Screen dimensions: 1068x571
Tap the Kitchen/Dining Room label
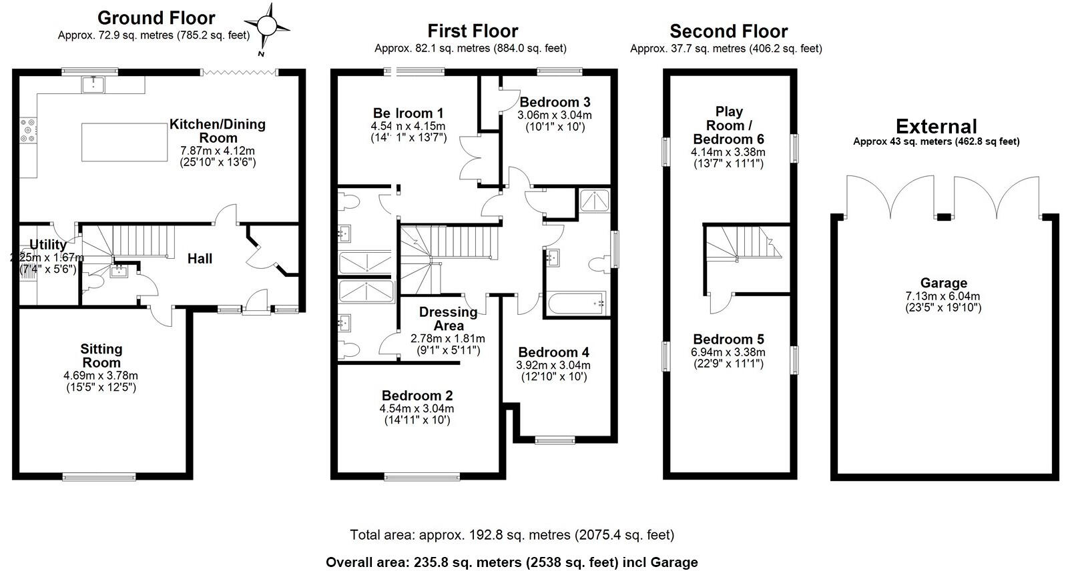(217, 131)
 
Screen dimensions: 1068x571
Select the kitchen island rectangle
(125, 142)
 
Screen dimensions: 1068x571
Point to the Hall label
(200, 259)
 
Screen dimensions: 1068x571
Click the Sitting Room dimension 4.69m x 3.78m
(101, 376)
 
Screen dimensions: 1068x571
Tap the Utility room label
(47, 245)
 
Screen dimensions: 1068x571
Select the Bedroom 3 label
(555, 102)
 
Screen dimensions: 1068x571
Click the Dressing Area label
(448, 319)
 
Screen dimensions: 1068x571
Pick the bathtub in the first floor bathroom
(576, 304)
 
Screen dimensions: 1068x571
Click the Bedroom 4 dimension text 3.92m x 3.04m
(553, 365)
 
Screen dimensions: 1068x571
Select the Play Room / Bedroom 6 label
(728, 125)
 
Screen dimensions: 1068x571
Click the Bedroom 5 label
(728, 339)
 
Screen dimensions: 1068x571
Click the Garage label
(943, 283)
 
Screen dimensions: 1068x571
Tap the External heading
(936, 126)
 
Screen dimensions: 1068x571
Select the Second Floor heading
(728, 31)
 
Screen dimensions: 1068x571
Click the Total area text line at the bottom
(512, 535)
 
